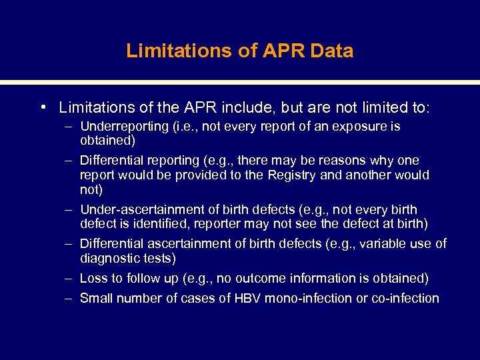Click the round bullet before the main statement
pyautogui.click(x=42, y=107)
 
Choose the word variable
pyautogui.click(x=383, y=244)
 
